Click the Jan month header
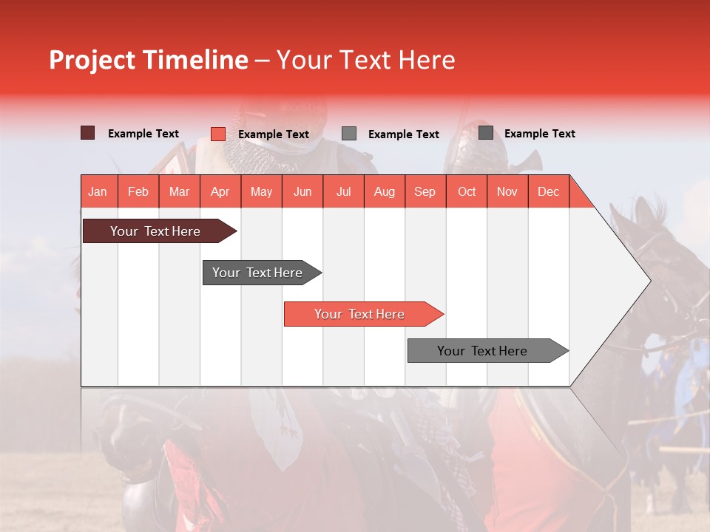(98, 191)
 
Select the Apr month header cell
(220, 191)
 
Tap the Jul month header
(343, 191)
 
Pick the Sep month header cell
(425, 191)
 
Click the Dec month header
(548, 191)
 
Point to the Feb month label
(138, 191)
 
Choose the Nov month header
(507, 191)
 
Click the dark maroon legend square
(88, 133)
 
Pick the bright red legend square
(218, 134)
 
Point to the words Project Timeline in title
(148, 60)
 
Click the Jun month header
(302, 191)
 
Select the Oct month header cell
(467, 191)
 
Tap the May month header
(261, 191)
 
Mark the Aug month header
(384, 191)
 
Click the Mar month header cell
(179, 191)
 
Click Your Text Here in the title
(366, 60)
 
